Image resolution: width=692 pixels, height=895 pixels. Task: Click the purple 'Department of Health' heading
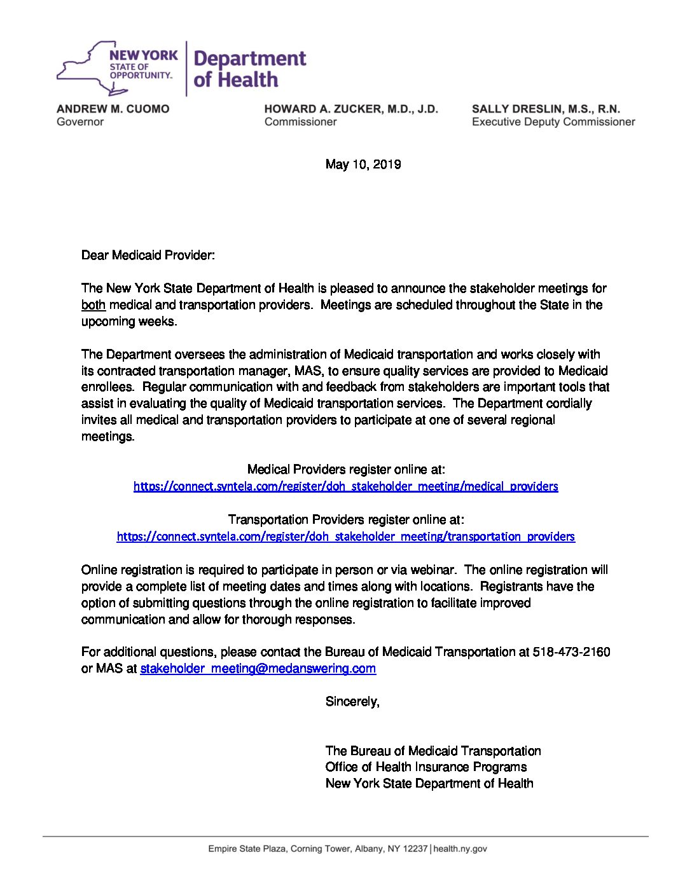pyautogui.click(x=249, y=69)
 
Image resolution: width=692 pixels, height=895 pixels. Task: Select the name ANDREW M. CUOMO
pyautogui.click(x=113, y=109)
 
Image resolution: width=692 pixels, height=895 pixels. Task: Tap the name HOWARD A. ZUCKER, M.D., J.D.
pyautogui.click(x=351, y=109)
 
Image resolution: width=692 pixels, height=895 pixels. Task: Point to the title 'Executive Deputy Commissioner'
pyautogui.click(x=553, y=121)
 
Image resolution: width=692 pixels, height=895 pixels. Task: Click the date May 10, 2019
pyautogui.click(x=363, y=165)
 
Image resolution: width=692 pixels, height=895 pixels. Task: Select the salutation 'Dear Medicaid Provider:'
pyautogui.click(x=148, y=256)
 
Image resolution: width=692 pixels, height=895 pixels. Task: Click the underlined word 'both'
pyautogui.click(x=93, y=305)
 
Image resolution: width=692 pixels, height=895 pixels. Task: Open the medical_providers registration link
pyautogui.click(x=345, y=486)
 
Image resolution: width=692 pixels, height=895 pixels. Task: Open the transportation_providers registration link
pyautogui.click(x=345, y=536)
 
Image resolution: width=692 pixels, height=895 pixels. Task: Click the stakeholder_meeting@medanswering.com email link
pyautogui.click(x=258, y=669)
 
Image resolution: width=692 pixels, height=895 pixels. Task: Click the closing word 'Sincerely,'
pyautogui.click(x=352, y=702)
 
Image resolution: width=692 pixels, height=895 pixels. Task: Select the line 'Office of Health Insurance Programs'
pyautogui.click(x=426, y=767)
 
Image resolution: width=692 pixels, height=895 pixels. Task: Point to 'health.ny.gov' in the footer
pyautogui.click(x=460, y=849)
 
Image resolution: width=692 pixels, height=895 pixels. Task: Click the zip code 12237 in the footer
pyautogui.click(x=416, y=849)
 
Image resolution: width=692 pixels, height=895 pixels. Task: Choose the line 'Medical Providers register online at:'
pyautogui.click(x=345, y=470)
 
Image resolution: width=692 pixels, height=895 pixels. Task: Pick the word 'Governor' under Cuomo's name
pyautogui.click(x=80, y=121)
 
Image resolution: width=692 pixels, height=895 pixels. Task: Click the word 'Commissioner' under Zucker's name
pyautogui.click(x=300, y=121)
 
